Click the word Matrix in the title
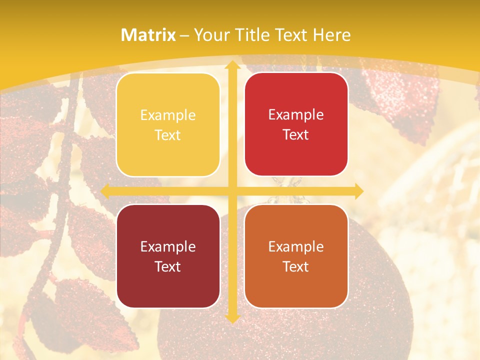pos(148,35)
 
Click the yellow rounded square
pos(168,124)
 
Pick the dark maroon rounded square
pos(168,256)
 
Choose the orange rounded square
pos(296,256)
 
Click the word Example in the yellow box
pos(168,115)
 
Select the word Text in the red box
pos(296,134)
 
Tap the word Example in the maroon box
pos(168,246)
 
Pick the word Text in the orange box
pos(296,266)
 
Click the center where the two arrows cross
pos(232,191)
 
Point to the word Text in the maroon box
pos(168,266)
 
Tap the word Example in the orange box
pos(296,246)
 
